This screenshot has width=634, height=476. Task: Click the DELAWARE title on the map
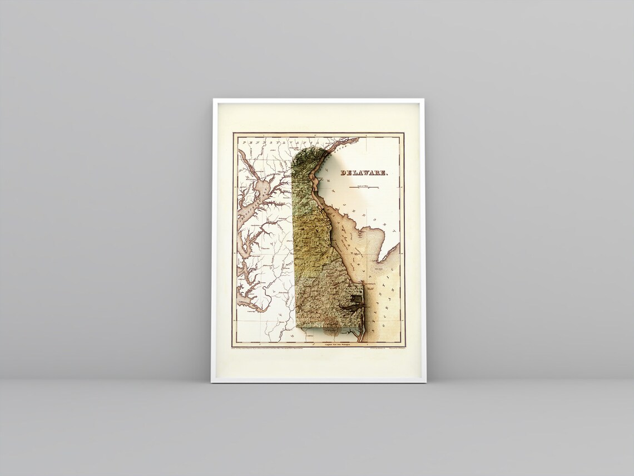coord(364,173)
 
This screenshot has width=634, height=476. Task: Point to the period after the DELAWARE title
coord(388,174)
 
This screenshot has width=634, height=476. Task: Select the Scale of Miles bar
coord(364,188)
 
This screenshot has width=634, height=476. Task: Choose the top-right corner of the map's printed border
coord(403,134)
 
